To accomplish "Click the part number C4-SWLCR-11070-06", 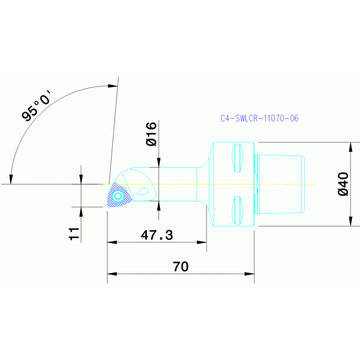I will point(259,118).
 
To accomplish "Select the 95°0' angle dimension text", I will point(38,107).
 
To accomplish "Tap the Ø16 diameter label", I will point(151,134).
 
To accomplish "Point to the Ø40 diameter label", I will point(343,184).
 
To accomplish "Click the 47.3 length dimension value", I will point(157,235).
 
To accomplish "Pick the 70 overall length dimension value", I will point(181,267).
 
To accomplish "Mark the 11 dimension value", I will point(74,234).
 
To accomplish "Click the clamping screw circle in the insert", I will point(118,197).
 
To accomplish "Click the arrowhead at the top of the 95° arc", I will point(113,86).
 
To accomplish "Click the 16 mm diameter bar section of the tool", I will point(176,184).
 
